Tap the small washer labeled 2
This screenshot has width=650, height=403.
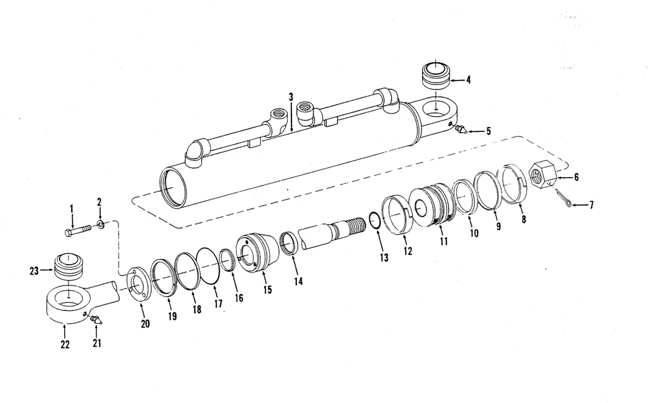pyautogui.click(x=101, y=224)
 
